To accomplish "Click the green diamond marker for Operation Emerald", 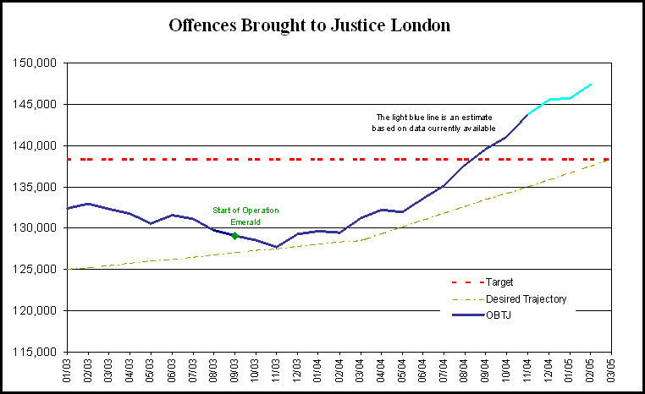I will click(234, 236).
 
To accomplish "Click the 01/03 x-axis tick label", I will click(67, 370).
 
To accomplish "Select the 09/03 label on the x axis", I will click(234, 370).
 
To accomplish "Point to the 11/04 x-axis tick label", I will click(527, 370).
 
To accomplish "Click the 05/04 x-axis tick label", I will click(402, 370).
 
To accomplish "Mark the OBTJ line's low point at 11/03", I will click(277, 247).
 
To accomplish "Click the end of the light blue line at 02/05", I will click(590, 85).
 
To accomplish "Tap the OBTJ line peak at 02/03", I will click(88, 204).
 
